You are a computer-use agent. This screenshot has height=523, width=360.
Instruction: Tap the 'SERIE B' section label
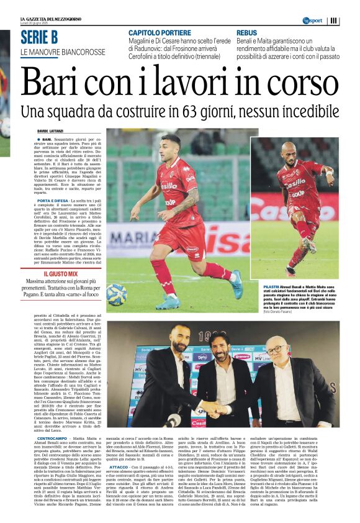[38, 37]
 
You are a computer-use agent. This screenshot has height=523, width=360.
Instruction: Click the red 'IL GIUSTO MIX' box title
[60, 273]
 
